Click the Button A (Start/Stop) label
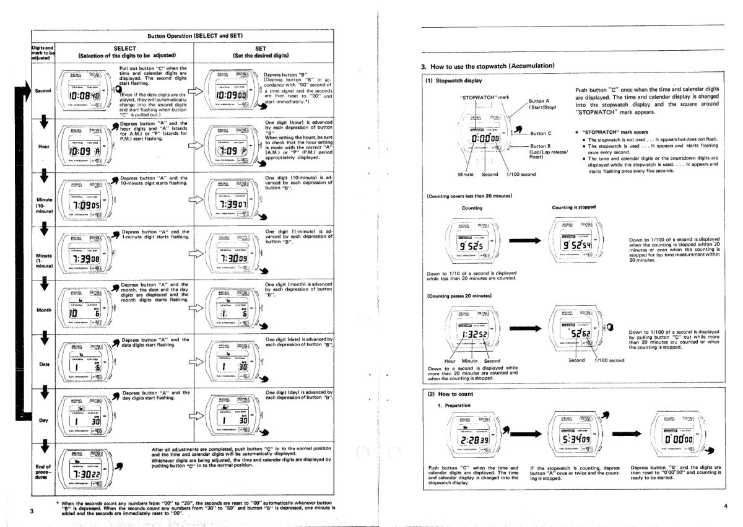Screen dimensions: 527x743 pos(544,103)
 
